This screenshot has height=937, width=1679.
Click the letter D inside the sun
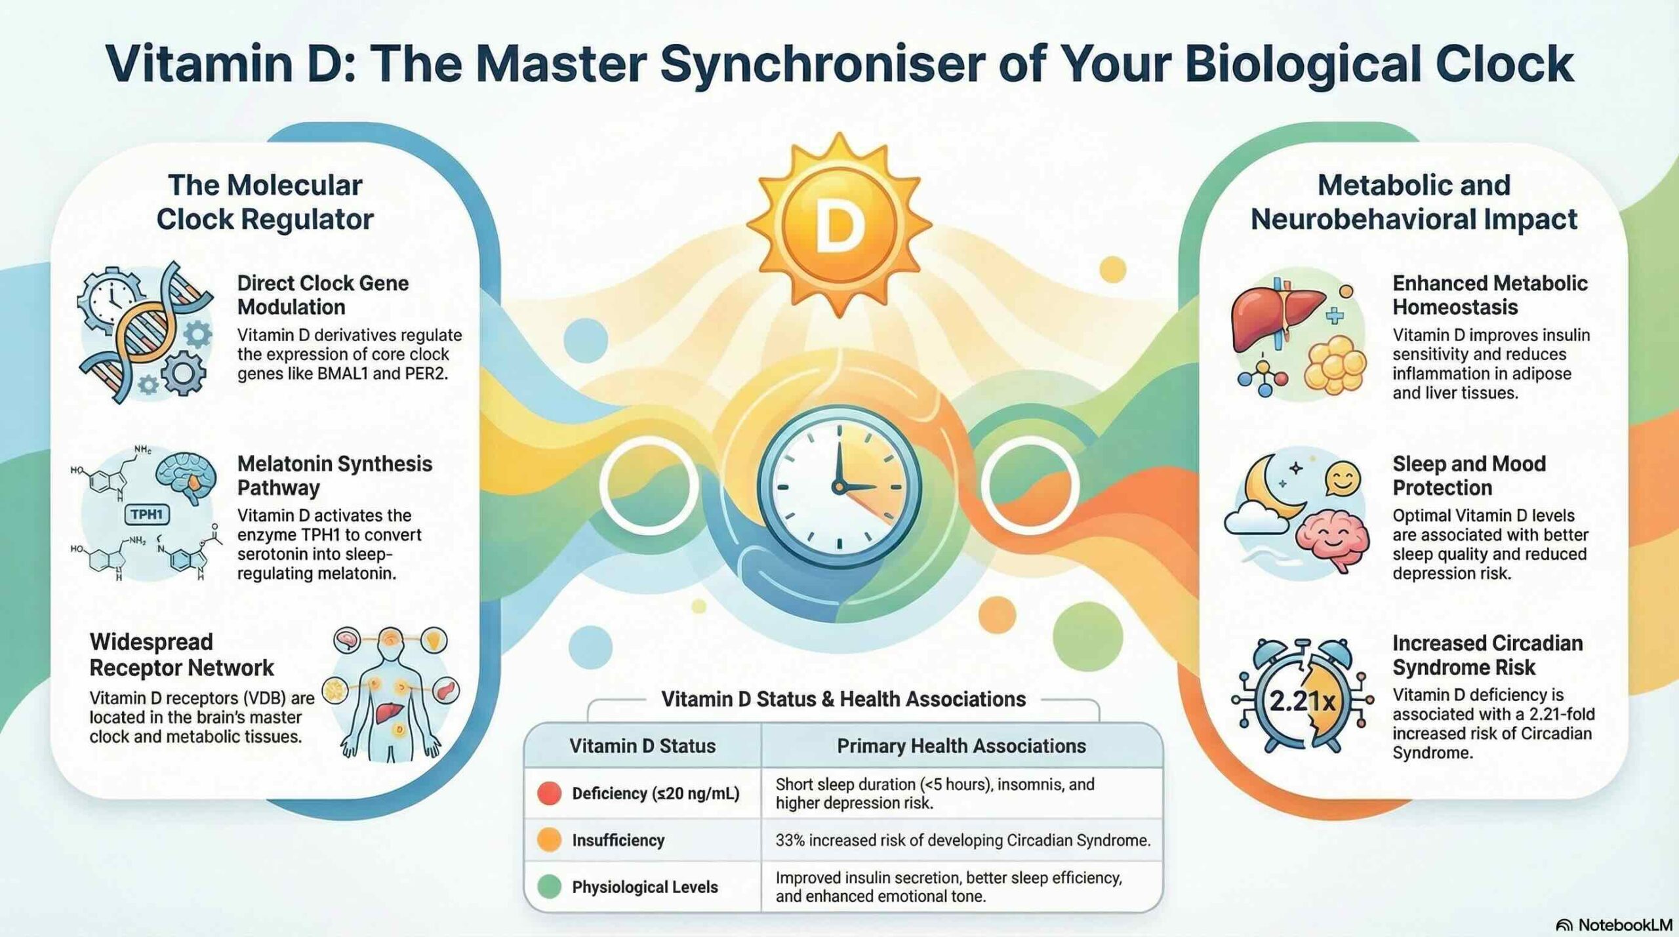pyautogui.click(x=838, y=227)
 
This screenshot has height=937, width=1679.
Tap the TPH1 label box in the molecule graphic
pyautogui.click(x=146, y=515)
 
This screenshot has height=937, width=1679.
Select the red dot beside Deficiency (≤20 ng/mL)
pyautogui.click(x=549, y=793)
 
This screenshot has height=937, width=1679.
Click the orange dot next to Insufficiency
pyautogui.click(x=549, y=840)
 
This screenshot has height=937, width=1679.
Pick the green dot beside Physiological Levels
pyautogui.click(x=549, y=887)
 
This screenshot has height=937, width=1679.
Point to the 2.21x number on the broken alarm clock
pyautogui.click(x=1303, y=701)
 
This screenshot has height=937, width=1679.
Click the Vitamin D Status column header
pyautogui.click(x=642, y=746)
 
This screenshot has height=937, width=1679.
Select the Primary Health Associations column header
pyautogui.click(x=961, y=746)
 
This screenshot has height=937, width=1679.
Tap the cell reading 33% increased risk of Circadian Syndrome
pyautogui.click(x=963, y=840)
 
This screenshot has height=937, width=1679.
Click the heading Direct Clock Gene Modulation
pyautogui.click(x=323, y=295)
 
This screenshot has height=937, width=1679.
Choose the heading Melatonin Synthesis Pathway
pyautogui.click(x=334, y=475)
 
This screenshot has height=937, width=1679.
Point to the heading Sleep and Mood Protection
pyautogui.click(x=1469, y=475)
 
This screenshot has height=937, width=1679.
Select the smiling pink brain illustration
pyautogui.click(x=1332, y=540)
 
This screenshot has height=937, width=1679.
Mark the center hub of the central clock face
pyautogui.click(x=838, y=487)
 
